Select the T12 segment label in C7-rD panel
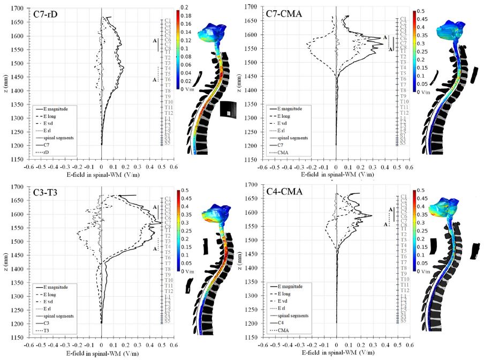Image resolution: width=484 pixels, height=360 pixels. click(168, 113)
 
